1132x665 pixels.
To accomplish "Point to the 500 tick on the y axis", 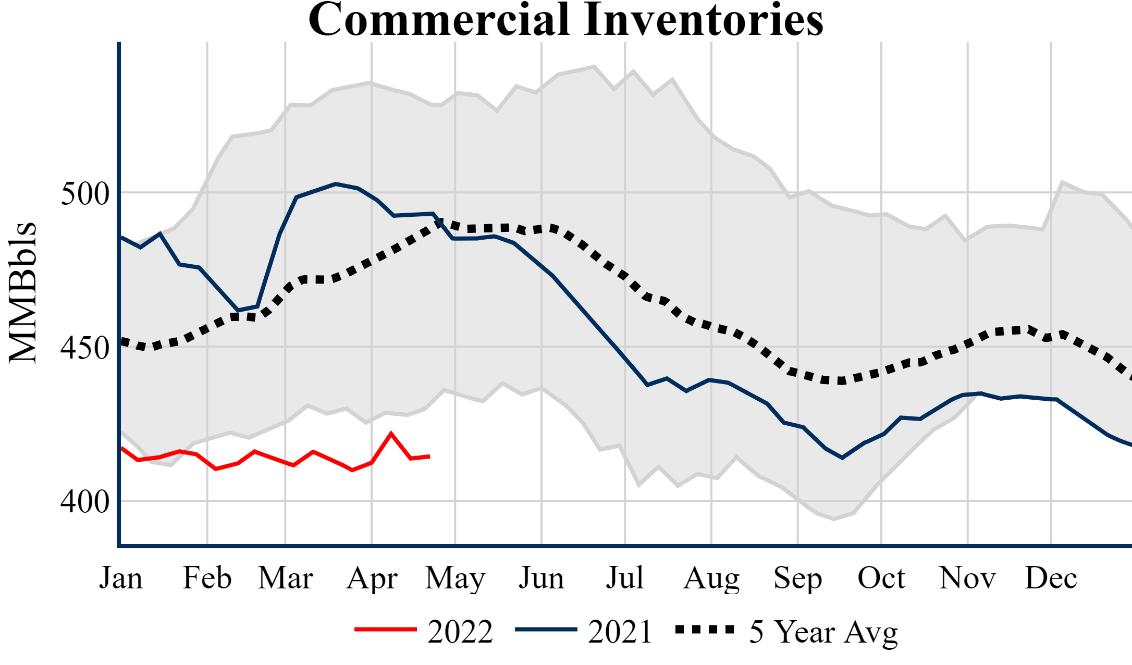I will (85, 194).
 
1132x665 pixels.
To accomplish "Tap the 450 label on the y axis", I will (85, 348).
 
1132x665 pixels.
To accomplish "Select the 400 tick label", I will (85, 502).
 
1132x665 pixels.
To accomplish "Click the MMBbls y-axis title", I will (23, 292).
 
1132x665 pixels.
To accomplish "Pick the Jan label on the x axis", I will (121, 578).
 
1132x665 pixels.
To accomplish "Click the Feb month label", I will (207, 578).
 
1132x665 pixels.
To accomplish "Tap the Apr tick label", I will (372, 579).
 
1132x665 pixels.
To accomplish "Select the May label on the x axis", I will (455, 579).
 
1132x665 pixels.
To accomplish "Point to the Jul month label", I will (624, 578).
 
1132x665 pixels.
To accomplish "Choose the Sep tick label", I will (797, 579).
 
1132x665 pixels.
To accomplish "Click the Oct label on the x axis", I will (881, 578).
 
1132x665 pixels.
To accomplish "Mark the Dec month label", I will (1051, 578).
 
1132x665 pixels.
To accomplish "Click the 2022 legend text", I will (460, 632).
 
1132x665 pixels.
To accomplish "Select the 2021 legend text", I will (620, 632).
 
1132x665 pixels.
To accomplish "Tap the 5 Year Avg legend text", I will (823, 632).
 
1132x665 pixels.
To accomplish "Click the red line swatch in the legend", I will (385, 630).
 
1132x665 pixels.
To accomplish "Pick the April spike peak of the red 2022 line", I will (391, 434).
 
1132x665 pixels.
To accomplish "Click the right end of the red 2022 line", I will (429, 457).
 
